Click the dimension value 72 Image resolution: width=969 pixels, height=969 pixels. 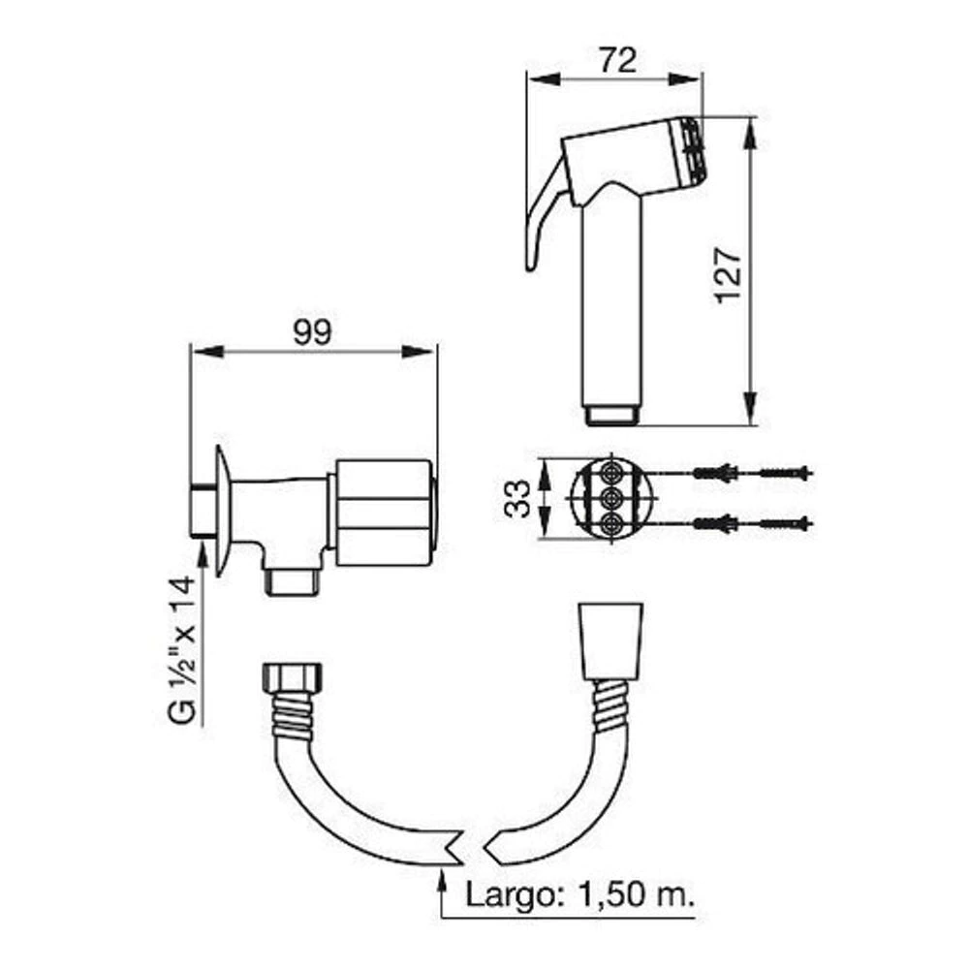(618, 60)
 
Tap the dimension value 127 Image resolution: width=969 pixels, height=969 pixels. (729, 275)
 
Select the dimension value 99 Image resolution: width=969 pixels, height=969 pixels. (312, 332)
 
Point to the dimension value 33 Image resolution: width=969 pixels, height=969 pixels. (517, 499)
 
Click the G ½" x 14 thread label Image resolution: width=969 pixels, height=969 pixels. (183, 649)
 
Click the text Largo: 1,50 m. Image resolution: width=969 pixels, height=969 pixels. (579, 894)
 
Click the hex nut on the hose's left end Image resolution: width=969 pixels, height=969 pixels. (293, 678)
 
